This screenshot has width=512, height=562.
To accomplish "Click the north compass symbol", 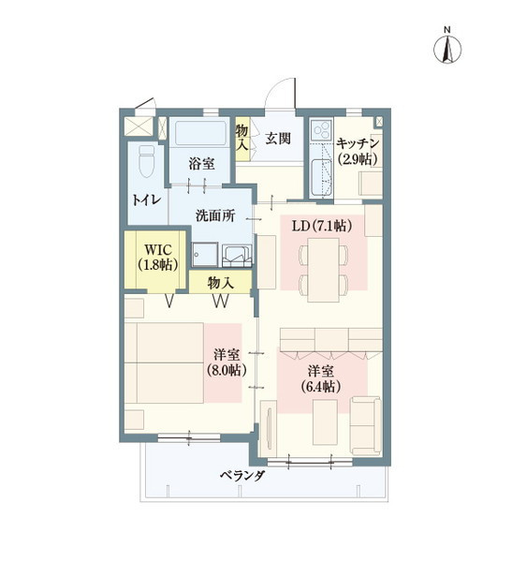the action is (447, 50).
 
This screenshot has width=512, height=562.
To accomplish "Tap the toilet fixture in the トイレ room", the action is (147, 160).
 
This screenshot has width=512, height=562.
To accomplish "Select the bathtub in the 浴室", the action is (200, 133).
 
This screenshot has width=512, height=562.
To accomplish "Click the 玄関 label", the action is (278, 138).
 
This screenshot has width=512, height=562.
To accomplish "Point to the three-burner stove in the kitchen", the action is (321, 130).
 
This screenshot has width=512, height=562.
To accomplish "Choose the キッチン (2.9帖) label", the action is (358, 151).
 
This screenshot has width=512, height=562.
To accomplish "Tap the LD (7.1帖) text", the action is (322, 226).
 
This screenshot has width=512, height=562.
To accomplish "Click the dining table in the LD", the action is (324, 270).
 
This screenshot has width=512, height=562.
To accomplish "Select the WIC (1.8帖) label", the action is (158, 257).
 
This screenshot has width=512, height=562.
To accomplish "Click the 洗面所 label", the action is (215, 215).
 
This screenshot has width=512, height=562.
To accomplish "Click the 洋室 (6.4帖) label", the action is (320, 378).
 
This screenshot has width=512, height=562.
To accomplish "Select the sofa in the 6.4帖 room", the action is (365, 425).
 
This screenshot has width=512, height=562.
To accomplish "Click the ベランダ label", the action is (241, 476).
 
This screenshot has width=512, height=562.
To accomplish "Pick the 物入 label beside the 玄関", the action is (242, 138).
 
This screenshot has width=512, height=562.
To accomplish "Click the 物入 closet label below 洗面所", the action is (221, 283).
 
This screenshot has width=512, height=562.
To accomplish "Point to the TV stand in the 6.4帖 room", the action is (269, 429).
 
